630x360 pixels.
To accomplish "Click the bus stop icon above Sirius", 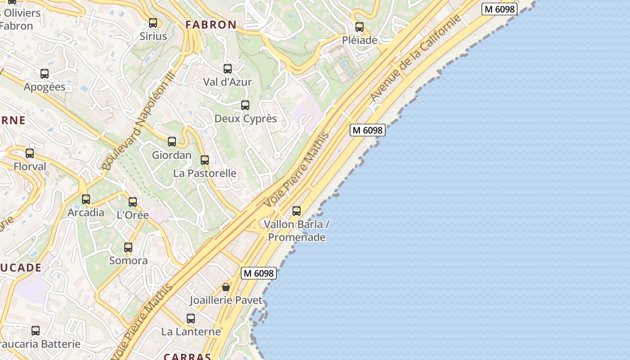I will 153,23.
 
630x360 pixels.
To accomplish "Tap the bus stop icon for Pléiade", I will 359,27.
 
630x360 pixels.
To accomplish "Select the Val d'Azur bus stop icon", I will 228,69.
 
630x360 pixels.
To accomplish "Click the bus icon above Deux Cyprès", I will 245,105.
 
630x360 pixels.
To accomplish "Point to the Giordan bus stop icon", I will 172,142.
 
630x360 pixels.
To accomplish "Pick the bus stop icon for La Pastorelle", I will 205,160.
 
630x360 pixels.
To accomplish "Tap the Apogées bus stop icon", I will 45,74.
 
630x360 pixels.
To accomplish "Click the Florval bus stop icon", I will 30,153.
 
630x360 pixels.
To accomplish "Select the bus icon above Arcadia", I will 86,199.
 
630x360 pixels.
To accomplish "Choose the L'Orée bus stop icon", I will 133,202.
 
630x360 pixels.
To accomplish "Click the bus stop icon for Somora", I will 128,247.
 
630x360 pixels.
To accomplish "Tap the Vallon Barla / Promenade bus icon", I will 297,211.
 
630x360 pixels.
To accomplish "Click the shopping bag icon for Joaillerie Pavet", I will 226,287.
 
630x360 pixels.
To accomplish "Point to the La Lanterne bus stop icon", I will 191,319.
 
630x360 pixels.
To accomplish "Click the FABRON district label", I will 211,25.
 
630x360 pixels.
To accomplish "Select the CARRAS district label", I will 187,356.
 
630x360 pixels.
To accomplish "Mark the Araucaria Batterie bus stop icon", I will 36,331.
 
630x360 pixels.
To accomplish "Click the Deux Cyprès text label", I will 246,119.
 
